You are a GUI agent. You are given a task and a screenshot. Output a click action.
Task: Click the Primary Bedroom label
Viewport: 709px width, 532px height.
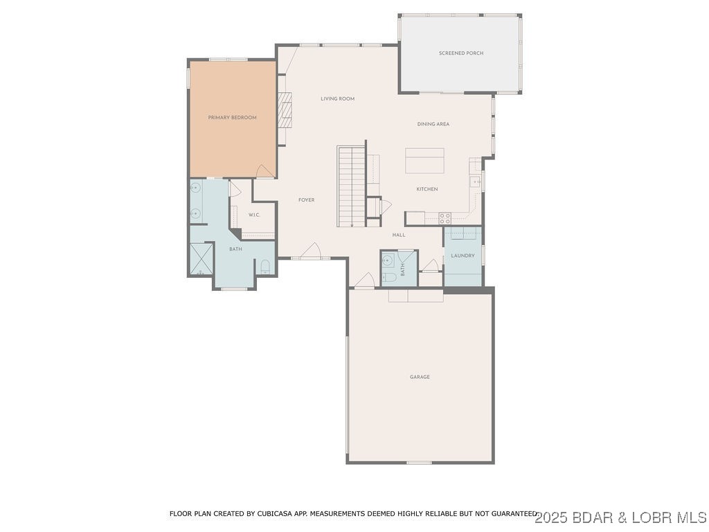(x=232, y=118)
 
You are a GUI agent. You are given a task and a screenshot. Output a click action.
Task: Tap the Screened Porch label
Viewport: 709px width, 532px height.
(x=461, y=53)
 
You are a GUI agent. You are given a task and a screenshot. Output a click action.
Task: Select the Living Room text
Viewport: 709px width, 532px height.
(x=337, y=99)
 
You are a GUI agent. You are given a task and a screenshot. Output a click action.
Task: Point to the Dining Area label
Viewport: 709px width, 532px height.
(x=433, y=124)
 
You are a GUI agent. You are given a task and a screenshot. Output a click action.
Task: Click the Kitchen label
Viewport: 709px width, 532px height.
(x=427, y=189)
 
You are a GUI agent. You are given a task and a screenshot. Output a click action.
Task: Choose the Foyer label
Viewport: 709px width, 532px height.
(x=306, y=200)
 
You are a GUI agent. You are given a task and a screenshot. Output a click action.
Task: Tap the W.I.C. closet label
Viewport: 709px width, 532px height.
(x=254, y=215)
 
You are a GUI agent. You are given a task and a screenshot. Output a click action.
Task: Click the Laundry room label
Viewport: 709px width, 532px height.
(x=463, y=256)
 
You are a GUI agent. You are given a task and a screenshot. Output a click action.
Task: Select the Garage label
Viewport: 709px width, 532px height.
(x=420, y=377)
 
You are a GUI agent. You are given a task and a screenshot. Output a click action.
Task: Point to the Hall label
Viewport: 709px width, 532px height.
(x=399, y=235)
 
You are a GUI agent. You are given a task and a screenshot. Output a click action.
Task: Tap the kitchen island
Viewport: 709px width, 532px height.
(x=424, y=161)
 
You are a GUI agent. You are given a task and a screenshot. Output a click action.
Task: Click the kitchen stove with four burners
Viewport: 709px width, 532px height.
(x=445, y=218)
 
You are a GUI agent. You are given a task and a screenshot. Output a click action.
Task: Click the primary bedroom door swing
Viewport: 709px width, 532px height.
(x=264, y=170)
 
